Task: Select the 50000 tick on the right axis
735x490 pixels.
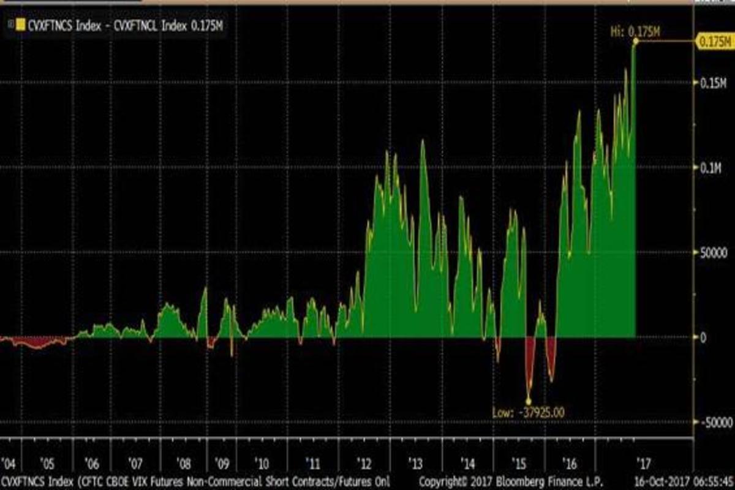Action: pos(713,252)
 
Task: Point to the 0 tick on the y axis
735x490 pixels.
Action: pos(703,337)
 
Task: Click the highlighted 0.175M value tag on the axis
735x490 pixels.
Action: pos(713,41)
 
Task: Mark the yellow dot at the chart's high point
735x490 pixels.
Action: pos(635,41)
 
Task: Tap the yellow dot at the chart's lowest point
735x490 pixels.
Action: pos(529,401)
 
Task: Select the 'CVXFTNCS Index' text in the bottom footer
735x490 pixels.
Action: pos(37,480)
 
